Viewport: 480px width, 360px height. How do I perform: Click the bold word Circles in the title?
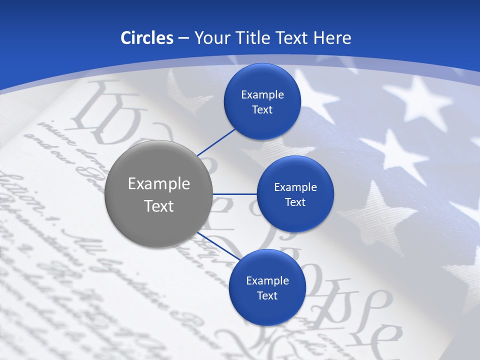(146, 38)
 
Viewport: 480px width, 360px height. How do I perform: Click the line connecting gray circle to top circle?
(217, 142)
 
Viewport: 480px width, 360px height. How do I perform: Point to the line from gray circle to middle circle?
(235, 194)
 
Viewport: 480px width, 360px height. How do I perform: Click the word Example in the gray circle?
(159, 184)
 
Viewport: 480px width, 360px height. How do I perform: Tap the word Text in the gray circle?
(159, 206)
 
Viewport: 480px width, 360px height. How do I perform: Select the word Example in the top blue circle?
(262, 94)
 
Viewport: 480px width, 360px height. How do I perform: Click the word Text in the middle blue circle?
(295, 202)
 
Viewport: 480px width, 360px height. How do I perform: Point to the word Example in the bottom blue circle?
(267, 280)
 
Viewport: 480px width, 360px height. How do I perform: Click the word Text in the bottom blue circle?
(267, 295)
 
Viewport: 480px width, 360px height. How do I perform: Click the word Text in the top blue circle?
(262, 109)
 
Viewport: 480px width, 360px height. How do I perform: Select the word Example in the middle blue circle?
(295, 187)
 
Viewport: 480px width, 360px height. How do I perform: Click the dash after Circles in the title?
(183, 38)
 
